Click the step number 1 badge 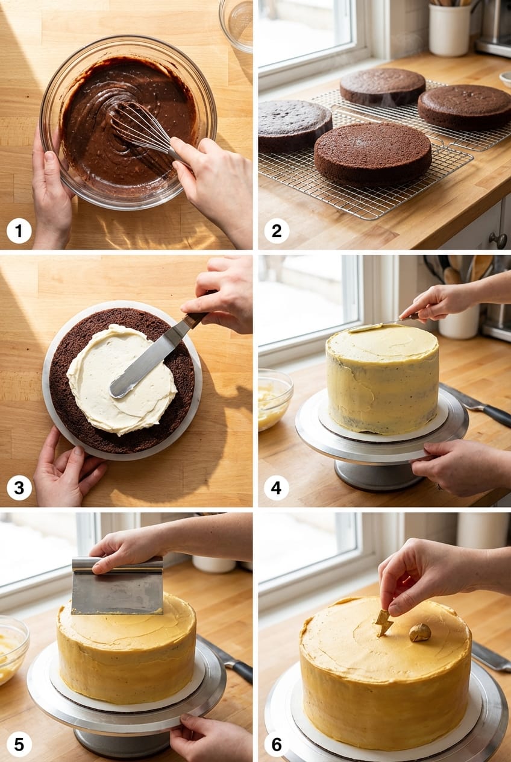point(19,231)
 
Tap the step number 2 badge point(277,231)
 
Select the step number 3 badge point(19,488)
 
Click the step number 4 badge point(277,488)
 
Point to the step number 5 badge point(19,745)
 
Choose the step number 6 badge point(277,745)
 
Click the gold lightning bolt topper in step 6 point(383,622)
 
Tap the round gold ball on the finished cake point(420,632)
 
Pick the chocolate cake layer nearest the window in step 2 point(382,87)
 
